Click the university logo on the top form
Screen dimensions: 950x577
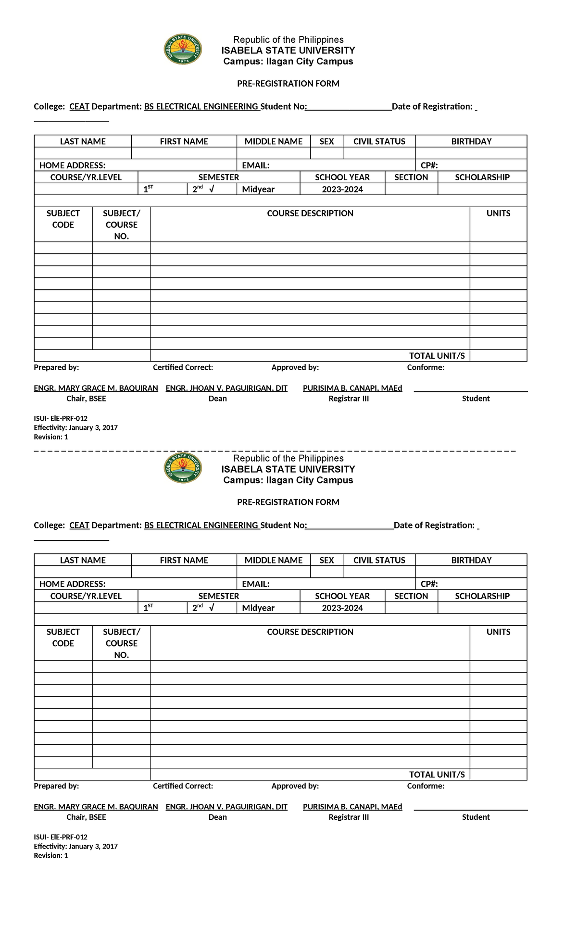click(183, 50)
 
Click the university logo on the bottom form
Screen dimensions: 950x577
click(183, 468)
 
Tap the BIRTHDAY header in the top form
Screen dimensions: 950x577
click(471, 141)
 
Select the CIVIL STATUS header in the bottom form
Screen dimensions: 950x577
click(379, 560)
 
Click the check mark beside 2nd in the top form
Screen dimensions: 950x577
click(212, 189)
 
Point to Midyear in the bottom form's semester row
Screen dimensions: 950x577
click(258, 608)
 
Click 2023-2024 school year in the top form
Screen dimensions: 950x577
click(342, 189)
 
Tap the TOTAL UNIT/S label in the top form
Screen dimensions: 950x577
click(437, 356)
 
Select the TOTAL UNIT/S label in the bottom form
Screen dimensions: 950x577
click(437, 775)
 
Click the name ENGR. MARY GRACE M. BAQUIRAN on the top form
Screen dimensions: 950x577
click(96, 388)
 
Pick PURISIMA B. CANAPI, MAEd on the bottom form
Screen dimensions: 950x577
click(352, 807)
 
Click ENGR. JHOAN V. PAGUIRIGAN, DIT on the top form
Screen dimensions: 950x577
click(226, 388)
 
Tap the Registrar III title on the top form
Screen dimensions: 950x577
click(349, 399)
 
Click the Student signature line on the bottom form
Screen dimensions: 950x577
click(471, 810)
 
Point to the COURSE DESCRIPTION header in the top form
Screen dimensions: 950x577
click(310, 213)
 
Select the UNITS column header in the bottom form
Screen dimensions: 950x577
click(498, 632)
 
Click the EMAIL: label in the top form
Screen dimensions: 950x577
click(255, 165)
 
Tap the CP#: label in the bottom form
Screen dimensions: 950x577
click(429, 584)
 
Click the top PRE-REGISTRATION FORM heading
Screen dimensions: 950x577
click(288, 84)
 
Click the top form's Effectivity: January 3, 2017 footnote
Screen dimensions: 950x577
click(75, 427)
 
